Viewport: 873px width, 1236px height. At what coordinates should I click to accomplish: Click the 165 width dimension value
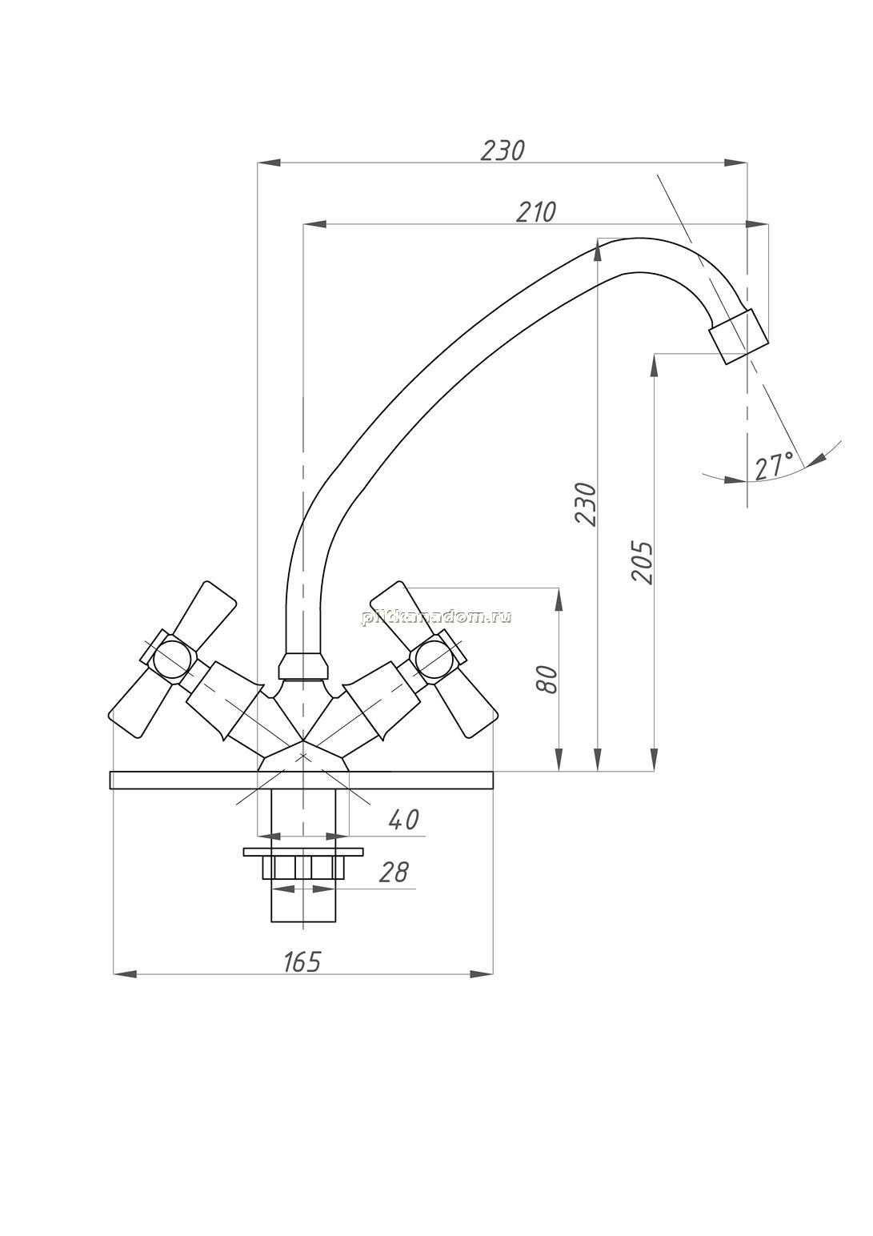pos(302,961)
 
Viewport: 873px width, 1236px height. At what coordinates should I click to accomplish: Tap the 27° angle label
pos(775,466)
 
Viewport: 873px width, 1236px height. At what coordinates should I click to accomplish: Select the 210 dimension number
pos(536,211)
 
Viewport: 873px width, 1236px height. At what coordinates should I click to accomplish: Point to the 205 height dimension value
pos(642,562)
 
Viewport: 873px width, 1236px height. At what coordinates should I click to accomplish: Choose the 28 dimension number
pos(394,872)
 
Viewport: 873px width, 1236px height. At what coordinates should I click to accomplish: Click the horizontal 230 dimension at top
pos(503,150)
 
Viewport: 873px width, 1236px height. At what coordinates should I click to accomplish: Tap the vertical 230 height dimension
pos(586,504)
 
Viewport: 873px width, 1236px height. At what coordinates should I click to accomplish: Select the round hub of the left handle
pos(174,660)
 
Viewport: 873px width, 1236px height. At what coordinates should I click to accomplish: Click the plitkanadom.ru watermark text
pos(435,617)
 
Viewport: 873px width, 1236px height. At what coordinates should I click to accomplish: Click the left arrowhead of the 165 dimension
pos(125,975)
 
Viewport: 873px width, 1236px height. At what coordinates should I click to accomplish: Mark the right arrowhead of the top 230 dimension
pos(735,163)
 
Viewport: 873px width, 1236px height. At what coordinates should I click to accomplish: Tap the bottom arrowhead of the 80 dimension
pos(558,759)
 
